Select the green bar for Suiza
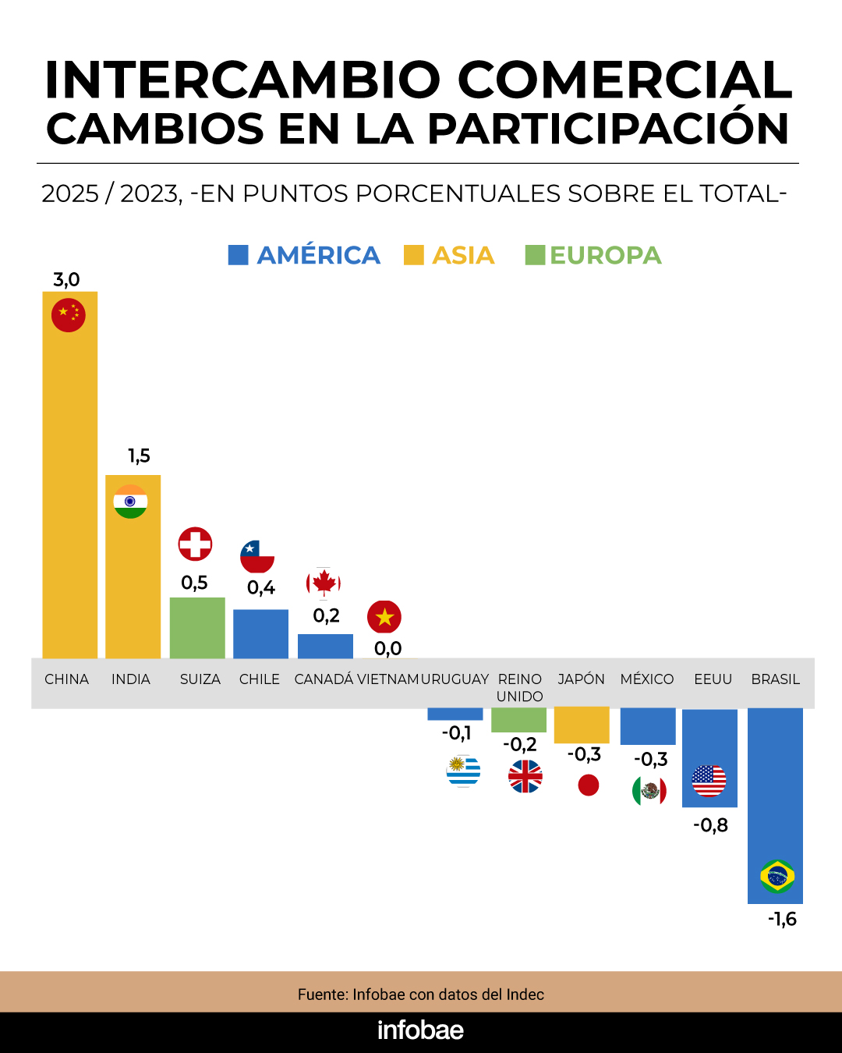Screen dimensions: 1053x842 (x=197, y=628)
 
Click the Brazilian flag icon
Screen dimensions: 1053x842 (x=777, y=876)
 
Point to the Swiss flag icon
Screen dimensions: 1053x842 (x=195, y=544)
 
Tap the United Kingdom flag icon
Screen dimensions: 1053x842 (x=525, y=776)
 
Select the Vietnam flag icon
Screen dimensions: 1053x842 (x=384, y=617)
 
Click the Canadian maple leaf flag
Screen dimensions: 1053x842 (x=324, y=583)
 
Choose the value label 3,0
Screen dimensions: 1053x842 (x=66, y=279)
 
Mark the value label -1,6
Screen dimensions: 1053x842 (x=782, y=919)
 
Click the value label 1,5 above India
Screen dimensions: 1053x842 (x=139, y=456)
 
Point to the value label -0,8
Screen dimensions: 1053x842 (x=710, y=825)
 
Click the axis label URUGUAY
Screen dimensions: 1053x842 (x=455, y=679)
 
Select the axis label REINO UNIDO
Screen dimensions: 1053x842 (x=520, y=687)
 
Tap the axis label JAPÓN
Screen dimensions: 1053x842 (x=582, y=679)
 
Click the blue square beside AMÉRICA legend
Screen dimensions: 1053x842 (x=238, y=255)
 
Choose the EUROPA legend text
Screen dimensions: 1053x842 (x=605, y=255)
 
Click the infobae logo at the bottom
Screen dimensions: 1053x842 (x=420, y=1030)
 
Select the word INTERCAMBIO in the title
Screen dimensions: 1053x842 (x=242, y=80)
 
